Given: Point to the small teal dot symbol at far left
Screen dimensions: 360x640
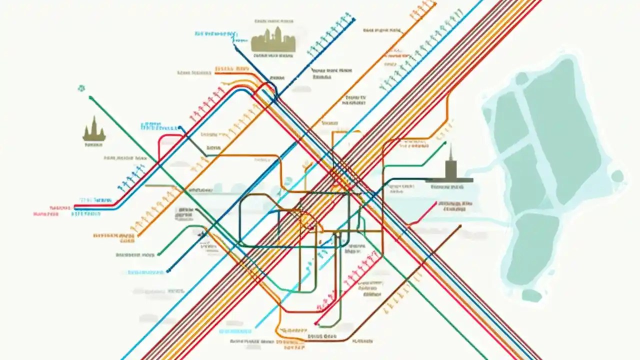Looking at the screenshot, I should [x=81, y=88].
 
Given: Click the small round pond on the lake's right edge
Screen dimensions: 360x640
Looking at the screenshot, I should [x=618, y=176].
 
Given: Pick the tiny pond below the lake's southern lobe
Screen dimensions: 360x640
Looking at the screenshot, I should [x=531, y=295].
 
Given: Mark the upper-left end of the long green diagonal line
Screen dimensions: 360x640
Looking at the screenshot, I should [x=90, y=98].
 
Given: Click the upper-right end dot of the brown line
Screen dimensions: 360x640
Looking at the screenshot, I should [x=459, y=226].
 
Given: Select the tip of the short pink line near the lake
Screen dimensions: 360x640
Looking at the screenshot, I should [x=436, y=202].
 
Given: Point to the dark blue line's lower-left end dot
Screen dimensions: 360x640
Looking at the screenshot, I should [x=168, y=270].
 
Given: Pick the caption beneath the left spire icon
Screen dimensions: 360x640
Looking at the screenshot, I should [x=93, y=144].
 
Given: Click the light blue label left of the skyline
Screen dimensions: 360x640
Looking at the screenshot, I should [x=216, y=34].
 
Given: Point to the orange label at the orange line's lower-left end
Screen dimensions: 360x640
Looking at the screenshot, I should [x=113, y=235].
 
